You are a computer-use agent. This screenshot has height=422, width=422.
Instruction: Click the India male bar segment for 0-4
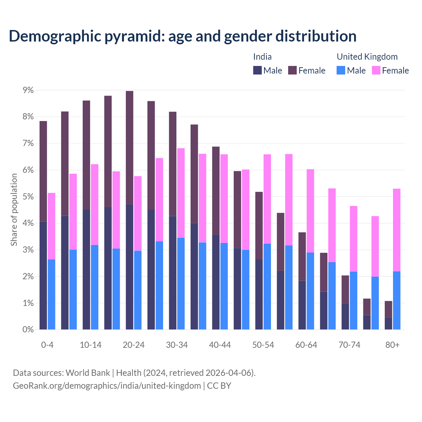click(x=43, y=275)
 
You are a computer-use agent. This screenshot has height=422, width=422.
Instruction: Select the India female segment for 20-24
click(x=130, y=147)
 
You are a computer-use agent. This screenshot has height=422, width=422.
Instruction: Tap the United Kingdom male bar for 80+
click(x=397, y=300)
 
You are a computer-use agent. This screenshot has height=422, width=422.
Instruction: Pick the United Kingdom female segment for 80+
click(x=397, y=230)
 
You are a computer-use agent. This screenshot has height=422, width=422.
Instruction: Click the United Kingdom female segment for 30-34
click(x=181, y=193)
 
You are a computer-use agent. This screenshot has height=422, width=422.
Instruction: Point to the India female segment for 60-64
click(x=302, y=256)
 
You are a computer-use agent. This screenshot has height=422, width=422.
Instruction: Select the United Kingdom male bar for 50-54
click(x=267, y=286)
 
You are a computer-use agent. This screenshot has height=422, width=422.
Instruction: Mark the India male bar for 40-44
click(x=216, y=282)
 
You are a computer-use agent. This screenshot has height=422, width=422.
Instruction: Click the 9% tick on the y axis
click(x=28, y=90)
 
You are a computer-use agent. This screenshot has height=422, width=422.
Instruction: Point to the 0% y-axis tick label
click(x=28, y=329)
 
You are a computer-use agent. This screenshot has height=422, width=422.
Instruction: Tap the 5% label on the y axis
click(x=28, y=197)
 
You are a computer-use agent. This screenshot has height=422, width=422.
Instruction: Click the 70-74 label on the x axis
click(x=349, y=345)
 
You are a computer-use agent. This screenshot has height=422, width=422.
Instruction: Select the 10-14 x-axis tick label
click(x=91, y=345)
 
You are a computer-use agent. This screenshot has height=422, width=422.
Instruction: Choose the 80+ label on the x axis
click(x=392, y=345)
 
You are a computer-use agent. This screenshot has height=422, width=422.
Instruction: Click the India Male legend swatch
click(x=257, y=70)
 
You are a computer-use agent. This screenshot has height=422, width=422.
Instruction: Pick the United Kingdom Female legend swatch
click(x=376, y=70)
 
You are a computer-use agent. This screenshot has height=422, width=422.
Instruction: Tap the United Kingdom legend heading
click(x=367, y=57)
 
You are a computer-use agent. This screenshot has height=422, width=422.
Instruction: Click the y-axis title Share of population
click(x=14, y=210)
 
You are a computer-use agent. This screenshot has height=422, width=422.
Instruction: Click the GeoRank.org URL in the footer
click(x=107, y=385)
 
